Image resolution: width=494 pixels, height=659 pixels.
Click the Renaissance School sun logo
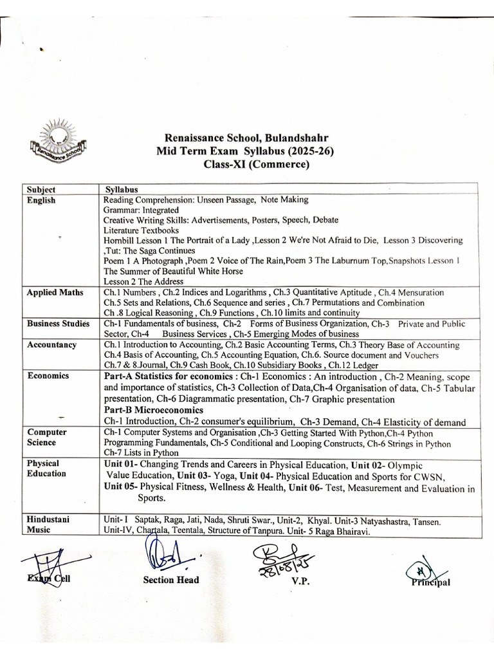[57, 138]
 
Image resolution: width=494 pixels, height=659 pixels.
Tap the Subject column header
[41, 189]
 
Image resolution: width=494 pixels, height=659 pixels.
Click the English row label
[41, 200]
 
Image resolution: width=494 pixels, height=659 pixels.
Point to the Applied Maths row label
[55, 293]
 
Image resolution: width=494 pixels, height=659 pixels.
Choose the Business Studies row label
[58, 324]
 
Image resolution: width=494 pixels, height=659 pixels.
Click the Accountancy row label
[51, 344]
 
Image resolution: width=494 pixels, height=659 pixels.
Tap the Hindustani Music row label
[48, 524]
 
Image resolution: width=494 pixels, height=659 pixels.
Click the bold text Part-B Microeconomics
[152, 410]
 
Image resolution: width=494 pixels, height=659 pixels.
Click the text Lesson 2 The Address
[143, 281]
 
